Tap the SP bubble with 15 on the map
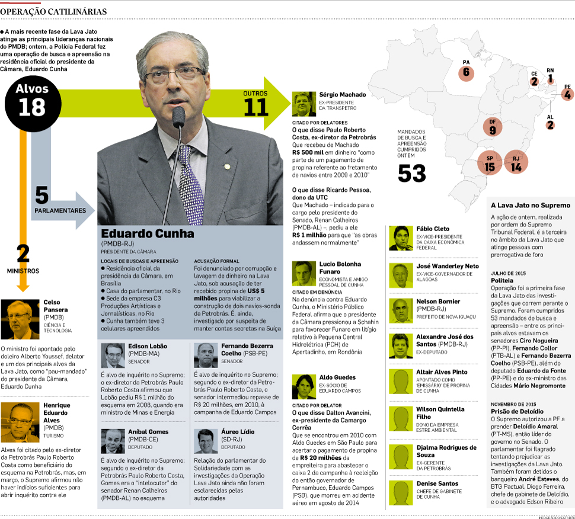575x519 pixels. [x=490, y=165]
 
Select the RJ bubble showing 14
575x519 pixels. [x=515, y=165]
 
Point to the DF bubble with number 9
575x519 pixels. [x=492, y=127]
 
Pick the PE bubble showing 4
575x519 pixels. [x=567, y=94]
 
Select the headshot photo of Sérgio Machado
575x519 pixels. [x=304, y=105]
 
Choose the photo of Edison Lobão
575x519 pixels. [x=113, y=355]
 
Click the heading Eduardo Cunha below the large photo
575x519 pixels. [x=148, y=233]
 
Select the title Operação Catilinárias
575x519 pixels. [x=54, y=12]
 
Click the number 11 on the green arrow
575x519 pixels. [x=255, y=107]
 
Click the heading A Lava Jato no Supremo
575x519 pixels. [x=530, y=205]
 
